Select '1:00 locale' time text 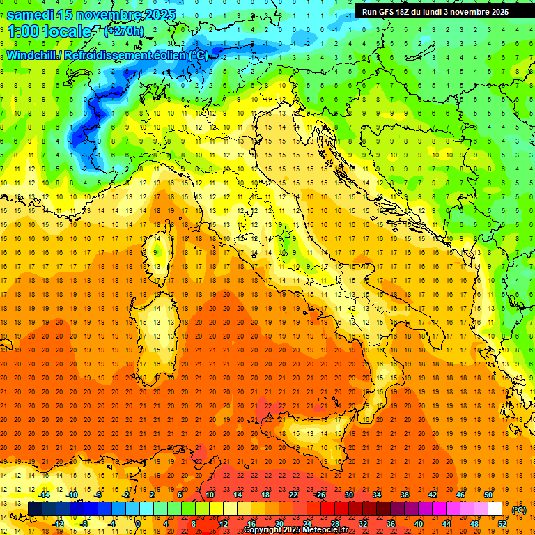coord(49,31)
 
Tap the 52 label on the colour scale coord(502,524)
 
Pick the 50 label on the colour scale coord(488,495)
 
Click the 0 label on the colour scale coord(139,524)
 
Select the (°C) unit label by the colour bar coord(519,510)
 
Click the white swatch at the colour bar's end coord(495,509)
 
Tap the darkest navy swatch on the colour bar coord(35,509)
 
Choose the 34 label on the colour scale coord(376,495)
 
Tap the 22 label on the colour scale coord(293,495)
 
